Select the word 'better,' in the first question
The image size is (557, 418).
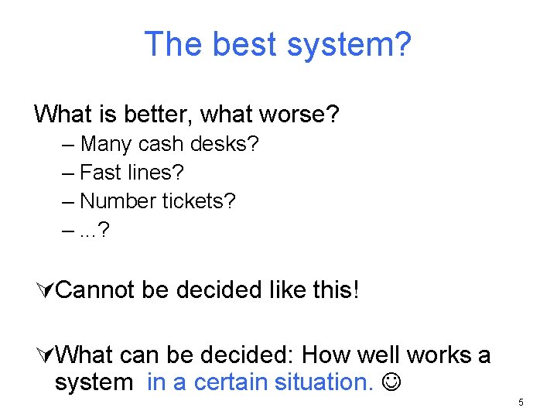point(163,115)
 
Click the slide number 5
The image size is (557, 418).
point(521,403)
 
